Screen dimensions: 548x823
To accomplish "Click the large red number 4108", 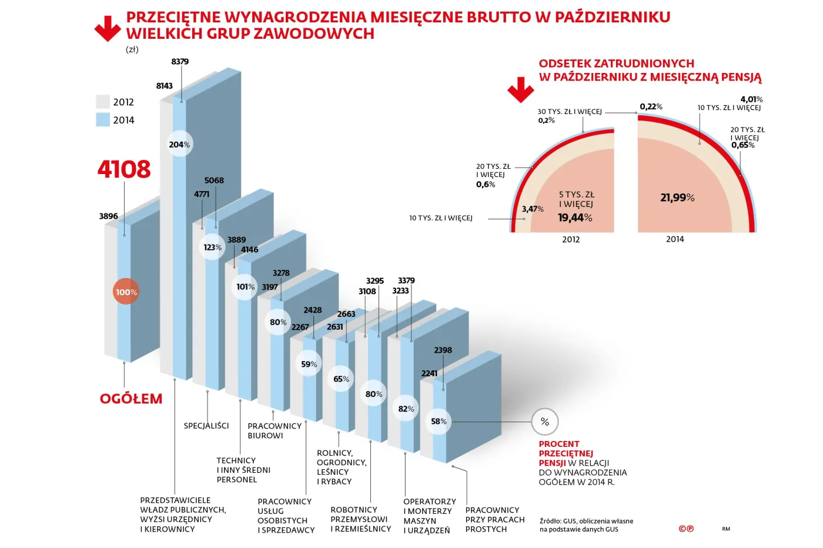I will pyautogui.click(x=124, y=169).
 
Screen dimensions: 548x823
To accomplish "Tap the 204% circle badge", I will pyautogui.click(x=179, y=145).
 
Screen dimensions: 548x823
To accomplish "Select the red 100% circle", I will pyautogui.click(x=126, y=292).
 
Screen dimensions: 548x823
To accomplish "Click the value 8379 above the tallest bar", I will pyautogui.click(x=180, y=62).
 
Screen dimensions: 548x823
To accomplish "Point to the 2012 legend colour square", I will pyautogui.click(x=103, y=102).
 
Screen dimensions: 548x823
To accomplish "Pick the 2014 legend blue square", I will pyautogui.click(x=103, y=120).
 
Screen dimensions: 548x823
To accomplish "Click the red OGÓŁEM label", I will pyautogui.click(x=131, y=399).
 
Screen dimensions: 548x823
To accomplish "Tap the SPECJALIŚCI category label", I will pyautogui.click(x=206, y=426).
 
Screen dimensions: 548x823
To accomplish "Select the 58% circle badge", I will pyautogui.click(x=439, y=422).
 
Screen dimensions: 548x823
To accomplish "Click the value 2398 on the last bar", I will pyautogui.click(x=443, y=350).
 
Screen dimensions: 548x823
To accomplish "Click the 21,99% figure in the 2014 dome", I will pyautogui.click(x=677, y=198).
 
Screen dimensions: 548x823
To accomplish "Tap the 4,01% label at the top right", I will pyautogui.click(x=751, y=99).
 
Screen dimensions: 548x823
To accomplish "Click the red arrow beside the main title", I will pyautogui.click(x=108, y=29).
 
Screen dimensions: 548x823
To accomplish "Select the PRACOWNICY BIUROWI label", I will pyautogui.click(x=274, y=430).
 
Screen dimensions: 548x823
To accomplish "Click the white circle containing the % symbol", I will pyautogui.click(x=544, y=422).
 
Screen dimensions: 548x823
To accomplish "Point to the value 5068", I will pyautogui.click(x=214, y=181).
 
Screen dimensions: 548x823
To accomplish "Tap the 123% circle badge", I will pyautogui.click(x=212, y=248).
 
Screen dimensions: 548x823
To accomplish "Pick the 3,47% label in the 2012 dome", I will pyautogui.click(x=533, y=209).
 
